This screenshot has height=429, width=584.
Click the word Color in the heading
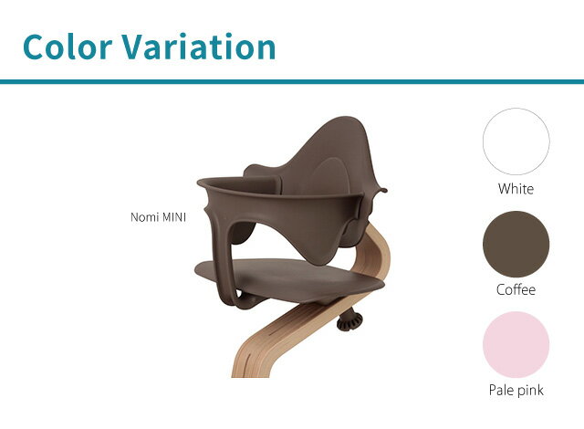point(68,47)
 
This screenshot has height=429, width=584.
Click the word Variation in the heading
point(198,47)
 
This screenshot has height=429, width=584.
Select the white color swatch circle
point(516,141)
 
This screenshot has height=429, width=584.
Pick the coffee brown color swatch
point(516,244)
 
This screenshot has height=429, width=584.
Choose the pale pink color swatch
point(516,344)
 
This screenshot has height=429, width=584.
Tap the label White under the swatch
point(516,189)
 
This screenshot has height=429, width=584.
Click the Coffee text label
point(516,289)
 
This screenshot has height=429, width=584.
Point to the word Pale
point(501,390)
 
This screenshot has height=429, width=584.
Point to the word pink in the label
point(531,391)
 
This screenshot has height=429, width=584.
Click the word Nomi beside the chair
point(143,217)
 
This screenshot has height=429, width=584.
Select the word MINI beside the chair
point(172,217)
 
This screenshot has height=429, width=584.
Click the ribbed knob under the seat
point(349,321)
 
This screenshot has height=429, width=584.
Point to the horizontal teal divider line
point(292,82)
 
